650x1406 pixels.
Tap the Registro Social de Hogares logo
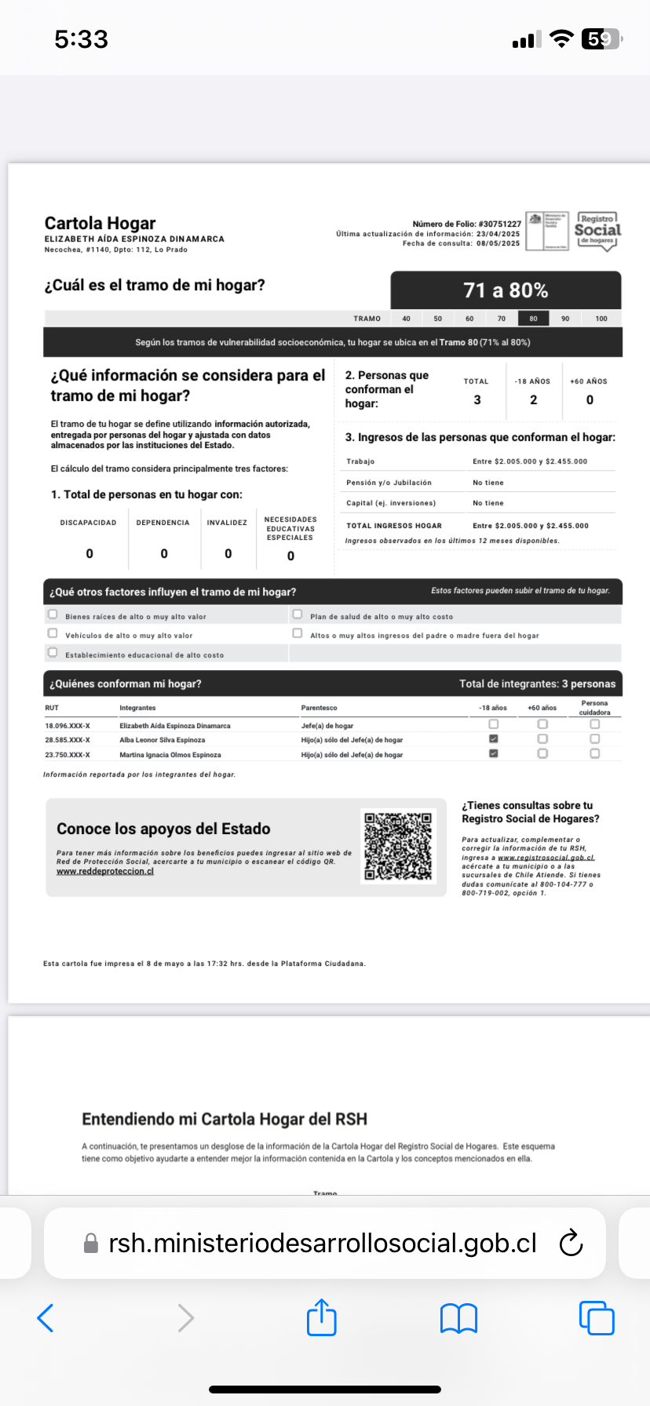pyautogui.click(x=597, y=231)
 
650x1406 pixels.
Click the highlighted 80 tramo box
pyautogui.click(x=534, y=319)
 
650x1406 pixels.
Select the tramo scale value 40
pyautogui.click(x=406, y=319)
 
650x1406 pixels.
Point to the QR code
pyautogui.click(x=398, y=846)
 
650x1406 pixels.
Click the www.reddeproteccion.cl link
pyautogui.click(x=105, y=872)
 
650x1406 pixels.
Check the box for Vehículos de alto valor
pyautogui.click(x=53, y=633)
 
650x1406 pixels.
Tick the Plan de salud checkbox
pyautogui.click(x=298, y=614)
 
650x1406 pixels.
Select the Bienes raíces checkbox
pyautogui.click(x=53, y=614)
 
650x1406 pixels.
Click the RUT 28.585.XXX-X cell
pyautogui.click(x=68, y=740)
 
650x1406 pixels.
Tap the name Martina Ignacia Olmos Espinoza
pyautogui.click(x=170, y=755)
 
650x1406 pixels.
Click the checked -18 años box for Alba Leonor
pyautogui.click(x=494, y=739)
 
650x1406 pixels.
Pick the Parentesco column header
pyautogui.click(x=320, y=708)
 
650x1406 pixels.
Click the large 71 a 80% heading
pyautogui.click(x=506, y=290)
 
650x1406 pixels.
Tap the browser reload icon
pyautogui.click(x=571, y=1243)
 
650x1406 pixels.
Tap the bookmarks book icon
pyautogui.click(x=459, y=1318)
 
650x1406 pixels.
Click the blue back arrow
pyautogui.click(x=46, y=1318)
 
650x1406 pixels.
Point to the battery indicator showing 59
pyautogui.click(x=601, y=39)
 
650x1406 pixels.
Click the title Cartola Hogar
pyautogui.click(x=100, y=224)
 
